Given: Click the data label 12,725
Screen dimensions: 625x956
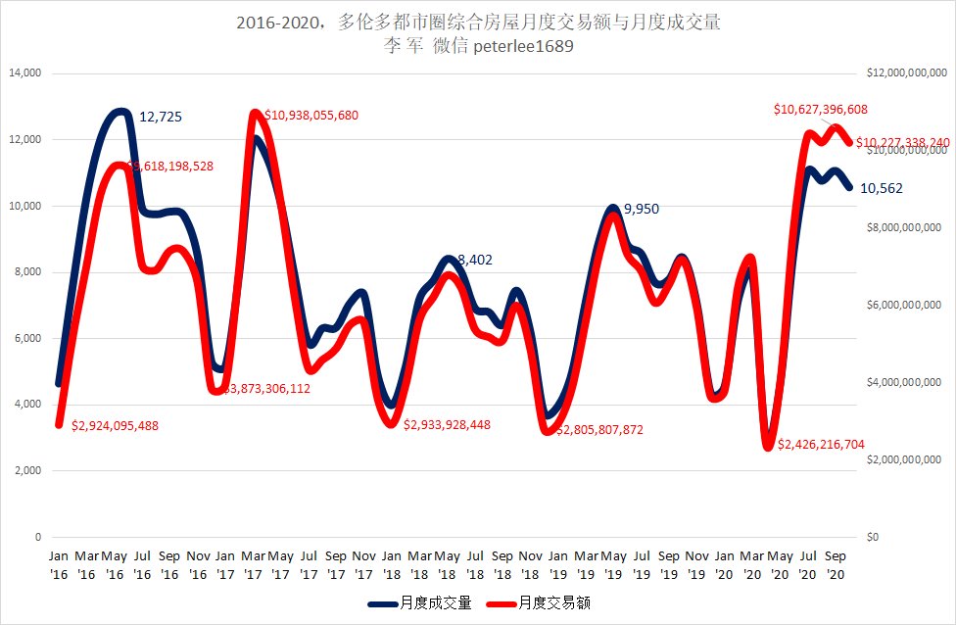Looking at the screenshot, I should pos(161,117).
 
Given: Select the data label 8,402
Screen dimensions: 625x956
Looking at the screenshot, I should pos(475,260).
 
